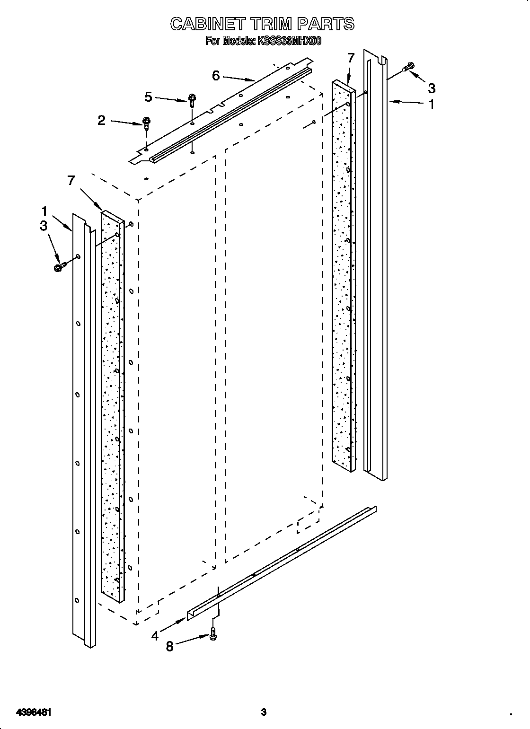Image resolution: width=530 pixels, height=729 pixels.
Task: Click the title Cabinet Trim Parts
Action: (262, 24)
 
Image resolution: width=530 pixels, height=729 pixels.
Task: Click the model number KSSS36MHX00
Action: (289, 41)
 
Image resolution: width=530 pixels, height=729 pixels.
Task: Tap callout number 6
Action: (216, 75)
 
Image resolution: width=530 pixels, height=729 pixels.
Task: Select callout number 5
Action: (149, 97)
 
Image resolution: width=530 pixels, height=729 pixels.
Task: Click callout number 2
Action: (102, 120)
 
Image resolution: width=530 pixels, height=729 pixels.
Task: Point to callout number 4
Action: (155, 636)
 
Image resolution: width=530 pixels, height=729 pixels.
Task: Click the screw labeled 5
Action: (192, 100)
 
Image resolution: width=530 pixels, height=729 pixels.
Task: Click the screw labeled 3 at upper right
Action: (408, 68)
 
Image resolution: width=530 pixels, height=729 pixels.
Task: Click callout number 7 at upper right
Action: (350, 58)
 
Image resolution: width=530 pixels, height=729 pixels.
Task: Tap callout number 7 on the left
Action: (71, 180)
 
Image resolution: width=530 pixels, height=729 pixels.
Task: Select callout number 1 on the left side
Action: (44, 211)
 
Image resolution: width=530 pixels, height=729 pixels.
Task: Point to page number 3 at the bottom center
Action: (264, 698)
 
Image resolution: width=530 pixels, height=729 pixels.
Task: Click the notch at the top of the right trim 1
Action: (383, 61)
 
